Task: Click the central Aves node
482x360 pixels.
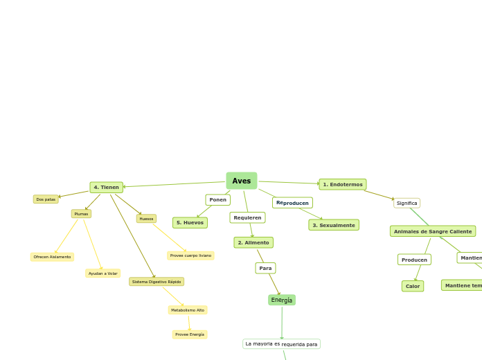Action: tap(241, 181)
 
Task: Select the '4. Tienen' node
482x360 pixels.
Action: tap(106, 187)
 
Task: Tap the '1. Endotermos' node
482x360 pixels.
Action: tap(342, 184)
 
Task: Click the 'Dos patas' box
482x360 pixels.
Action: tap(46, 199)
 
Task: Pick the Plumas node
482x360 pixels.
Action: tap(81, 214)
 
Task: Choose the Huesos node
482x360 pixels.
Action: tap(146, 219)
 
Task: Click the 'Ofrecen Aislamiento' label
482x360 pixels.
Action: tap(52, 257)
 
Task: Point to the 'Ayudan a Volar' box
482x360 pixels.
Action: tap(102, 273)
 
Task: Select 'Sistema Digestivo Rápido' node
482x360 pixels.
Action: tap(157, 282)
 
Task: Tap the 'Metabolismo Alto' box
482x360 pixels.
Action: tap(188, 310)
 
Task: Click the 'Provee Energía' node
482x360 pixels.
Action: tap(190, 334)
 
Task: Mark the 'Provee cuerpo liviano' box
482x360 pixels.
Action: tap(190, 255)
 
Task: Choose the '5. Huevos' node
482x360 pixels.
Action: tap(190, 223)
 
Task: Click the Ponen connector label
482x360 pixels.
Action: tap(217, 200)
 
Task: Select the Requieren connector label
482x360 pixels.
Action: tap(247, 217)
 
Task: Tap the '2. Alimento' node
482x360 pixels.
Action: tap(253, 242)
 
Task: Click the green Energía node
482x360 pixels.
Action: tap(282, 300)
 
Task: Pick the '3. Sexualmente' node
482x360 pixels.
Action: tap(334, 225)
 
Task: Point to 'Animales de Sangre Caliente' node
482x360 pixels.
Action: tap(433, 231)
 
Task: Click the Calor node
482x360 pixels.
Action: tap(413, 286)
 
